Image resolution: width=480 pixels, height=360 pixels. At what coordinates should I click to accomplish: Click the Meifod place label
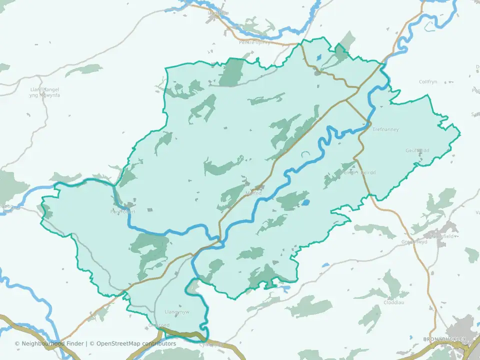click(x=254, y=193)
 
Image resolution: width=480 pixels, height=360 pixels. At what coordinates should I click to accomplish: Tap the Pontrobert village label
click(x=123, y=211)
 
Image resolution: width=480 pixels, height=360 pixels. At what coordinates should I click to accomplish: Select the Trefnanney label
click(x=386, y=129)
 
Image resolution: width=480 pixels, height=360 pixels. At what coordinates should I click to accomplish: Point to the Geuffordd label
click(x=417, y=150)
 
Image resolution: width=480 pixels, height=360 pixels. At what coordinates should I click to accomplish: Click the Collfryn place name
click(x=428, y=81)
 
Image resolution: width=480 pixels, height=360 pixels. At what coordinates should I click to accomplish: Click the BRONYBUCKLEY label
click(x=444, y=339)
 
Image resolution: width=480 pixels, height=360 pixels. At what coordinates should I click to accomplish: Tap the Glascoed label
click(x=155, y=325)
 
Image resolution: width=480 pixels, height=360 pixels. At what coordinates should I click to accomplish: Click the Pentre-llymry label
click(x=254, y=42)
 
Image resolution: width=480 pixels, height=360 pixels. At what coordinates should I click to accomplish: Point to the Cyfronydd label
click(x=210, y=345)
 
